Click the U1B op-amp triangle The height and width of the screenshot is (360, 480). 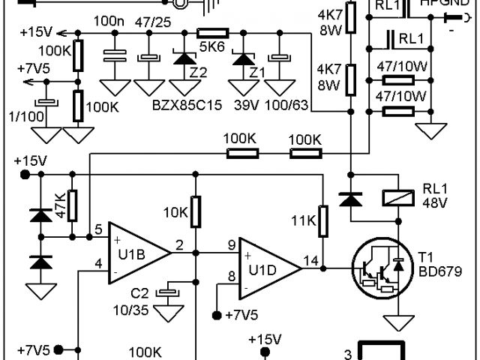(x=137, y=252)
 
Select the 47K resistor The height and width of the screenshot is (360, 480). (x=73, y=205)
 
